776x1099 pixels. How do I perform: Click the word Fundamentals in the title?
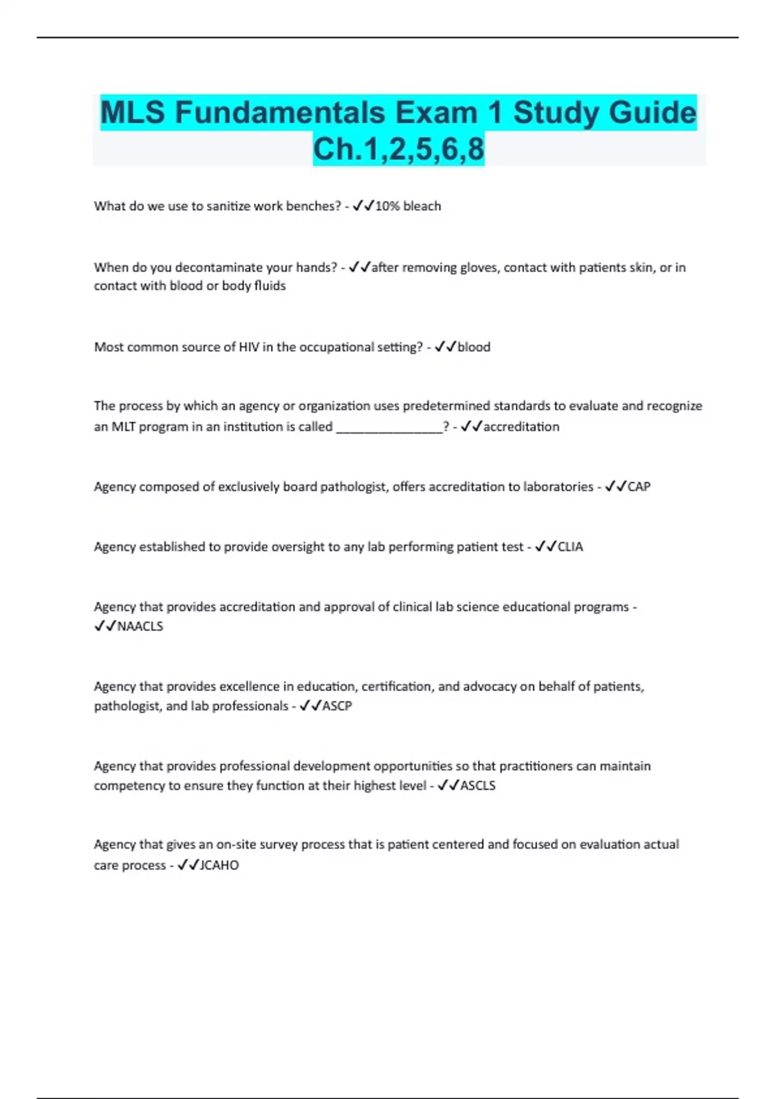click(280, 112)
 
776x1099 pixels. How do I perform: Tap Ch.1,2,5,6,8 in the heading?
click(398, 149)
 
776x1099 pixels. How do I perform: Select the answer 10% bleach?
click(408, 206)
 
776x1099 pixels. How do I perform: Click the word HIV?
click(249, 347)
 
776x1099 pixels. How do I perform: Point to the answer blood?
click(474, 347)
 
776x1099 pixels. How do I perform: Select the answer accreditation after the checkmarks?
click(521, 427)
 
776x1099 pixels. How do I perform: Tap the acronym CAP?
click(639, 487)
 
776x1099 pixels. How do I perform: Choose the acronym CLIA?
click(570, 547)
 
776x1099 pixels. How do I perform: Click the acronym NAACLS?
click(140, 626)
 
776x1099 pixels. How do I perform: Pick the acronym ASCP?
click(337, 706)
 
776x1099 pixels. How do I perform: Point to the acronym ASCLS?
click(478, 785)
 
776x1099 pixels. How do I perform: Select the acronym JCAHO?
click(219, 866)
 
